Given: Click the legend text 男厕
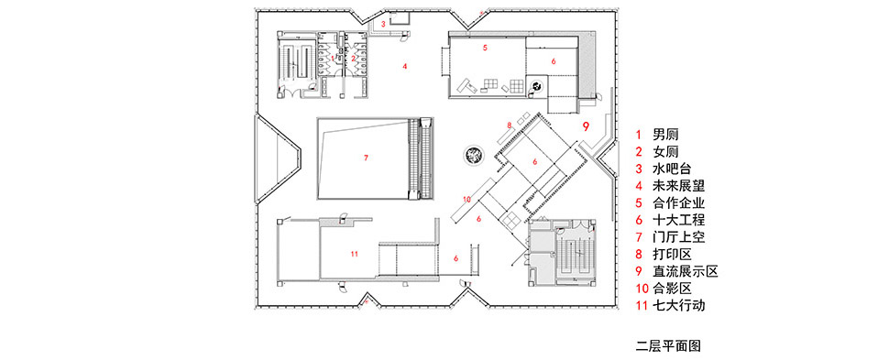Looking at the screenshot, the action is (665, 135).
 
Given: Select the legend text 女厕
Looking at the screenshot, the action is (665, 151).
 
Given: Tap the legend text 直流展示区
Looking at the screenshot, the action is (686, 271).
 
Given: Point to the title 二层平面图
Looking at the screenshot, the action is (668, 345).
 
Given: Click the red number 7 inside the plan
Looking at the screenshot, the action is (366, 158).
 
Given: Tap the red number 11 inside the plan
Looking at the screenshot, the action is (354, 254).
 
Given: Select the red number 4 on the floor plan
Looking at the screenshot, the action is (404, 67).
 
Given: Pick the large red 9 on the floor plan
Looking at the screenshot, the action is (586, 126).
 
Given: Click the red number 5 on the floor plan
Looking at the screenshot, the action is (486, 48).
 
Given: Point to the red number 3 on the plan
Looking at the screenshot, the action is (383, 24).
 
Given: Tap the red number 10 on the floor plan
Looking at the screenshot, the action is (467, 199).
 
